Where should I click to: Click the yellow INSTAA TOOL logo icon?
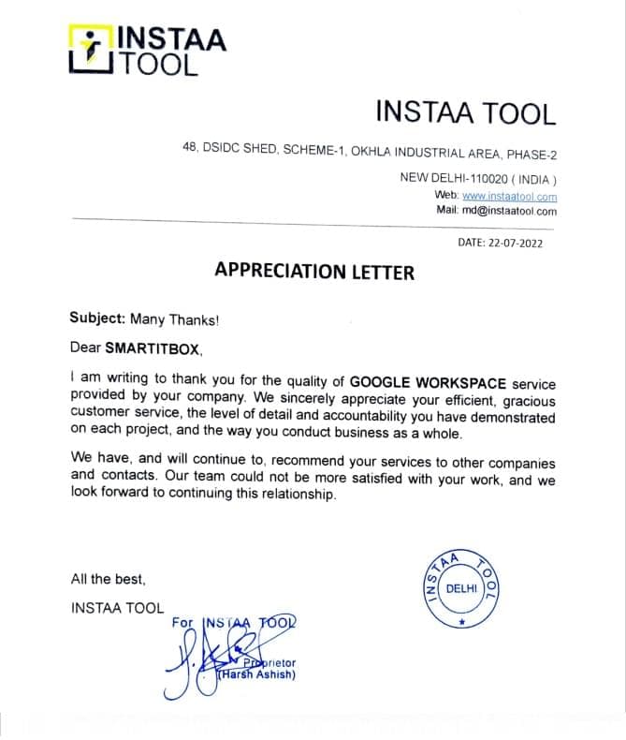[x=91, y=50]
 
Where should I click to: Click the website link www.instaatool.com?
[x=509, y=197]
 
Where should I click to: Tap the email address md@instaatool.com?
[x=509, y=211]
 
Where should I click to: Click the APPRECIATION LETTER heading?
[x=313, y=272]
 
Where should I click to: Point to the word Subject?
[x=97, y=318]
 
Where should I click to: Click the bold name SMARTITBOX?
[x=153, y=348]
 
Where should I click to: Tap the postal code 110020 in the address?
[x=473, y=178]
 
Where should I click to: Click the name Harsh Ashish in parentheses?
[x=256, y=674]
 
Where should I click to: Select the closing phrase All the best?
[x=108, y=579]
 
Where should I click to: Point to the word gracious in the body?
[x=529, y=399]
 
